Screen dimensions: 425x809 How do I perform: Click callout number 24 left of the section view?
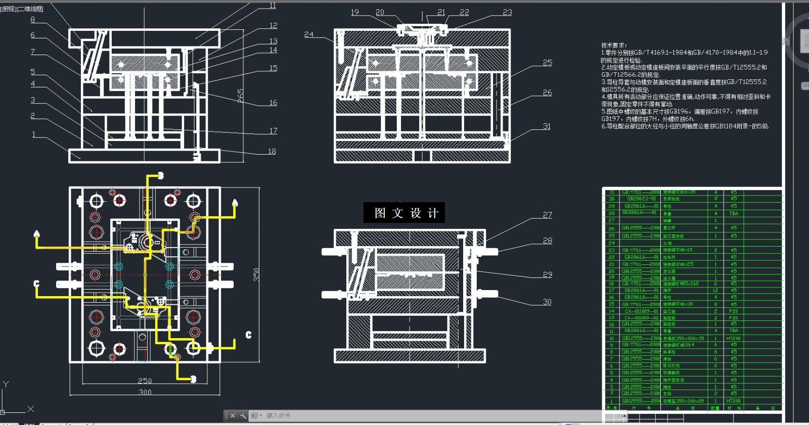[308, 34]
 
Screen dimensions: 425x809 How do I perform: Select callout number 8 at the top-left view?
[33, 20]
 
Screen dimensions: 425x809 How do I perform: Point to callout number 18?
[272, 151]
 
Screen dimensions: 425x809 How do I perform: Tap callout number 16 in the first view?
[273, 103]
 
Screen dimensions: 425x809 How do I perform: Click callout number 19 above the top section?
[355, 12]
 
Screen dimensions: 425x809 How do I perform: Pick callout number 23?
[507, 12]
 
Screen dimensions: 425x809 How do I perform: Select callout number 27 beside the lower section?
[548, 215]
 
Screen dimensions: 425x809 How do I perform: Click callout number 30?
[547, 302]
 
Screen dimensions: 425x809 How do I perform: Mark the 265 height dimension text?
[241, 95]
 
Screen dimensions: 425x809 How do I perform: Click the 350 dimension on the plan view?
[256, 274]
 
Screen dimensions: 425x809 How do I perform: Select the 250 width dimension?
[145, 381]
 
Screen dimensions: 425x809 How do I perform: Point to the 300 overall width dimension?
[145, 392]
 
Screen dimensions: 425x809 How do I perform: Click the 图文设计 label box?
[404, 213]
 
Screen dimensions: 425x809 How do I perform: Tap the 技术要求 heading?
[614, 45]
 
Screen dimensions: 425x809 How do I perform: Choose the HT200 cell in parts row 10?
[733, 339]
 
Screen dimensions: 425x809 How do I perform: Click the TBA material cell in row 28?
[733, 213]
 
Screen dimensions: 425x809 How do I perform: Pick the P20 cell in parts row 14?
[733, 311]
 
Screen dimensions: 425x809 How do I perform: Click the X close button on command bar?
[233, 416]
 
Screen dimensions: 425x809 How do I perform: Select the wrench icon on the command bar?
[243, 416]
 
